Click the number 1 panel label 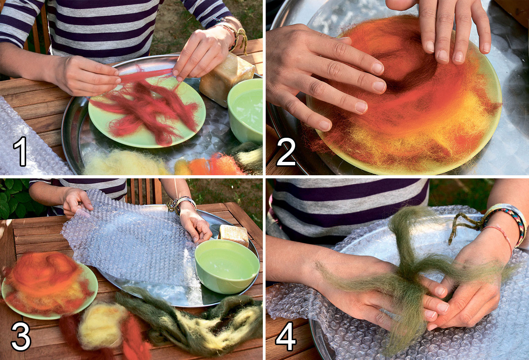point(21,152)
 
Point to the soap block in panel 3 point(234,235)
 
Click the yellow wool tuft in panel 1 point(122,163)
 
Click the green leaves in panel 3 point(12,198)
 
